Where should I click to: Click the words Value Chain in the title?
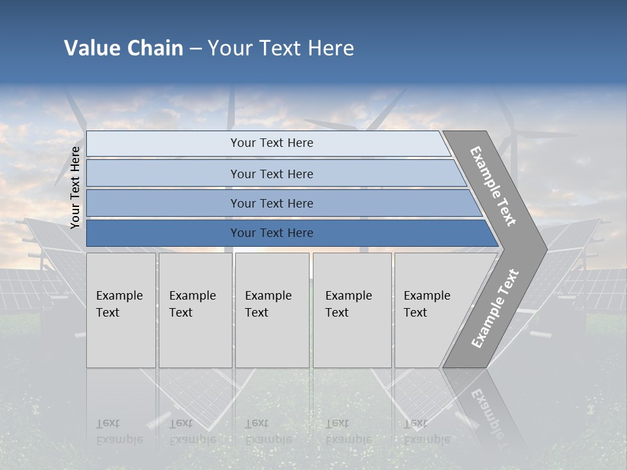pos(123,48)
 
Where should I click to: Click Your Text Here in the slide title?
pos(281,48)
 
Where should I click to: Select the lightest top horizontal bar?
pos(268,143)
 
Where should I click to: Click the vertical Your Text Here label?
pos(75,187)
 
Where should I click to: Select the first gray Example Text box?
pos(121,309)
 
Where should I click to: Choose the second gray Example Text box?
pos(195,309)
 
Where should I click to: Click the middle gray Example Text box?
pos(272,309)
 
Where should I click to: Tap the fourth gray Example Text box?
pos(351,309)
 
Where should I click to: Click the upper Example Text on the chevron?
pos(493,186)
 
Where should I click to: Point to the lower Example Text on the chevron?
pos(494,308)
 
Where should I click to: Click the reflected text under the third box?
pos(268,431)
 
